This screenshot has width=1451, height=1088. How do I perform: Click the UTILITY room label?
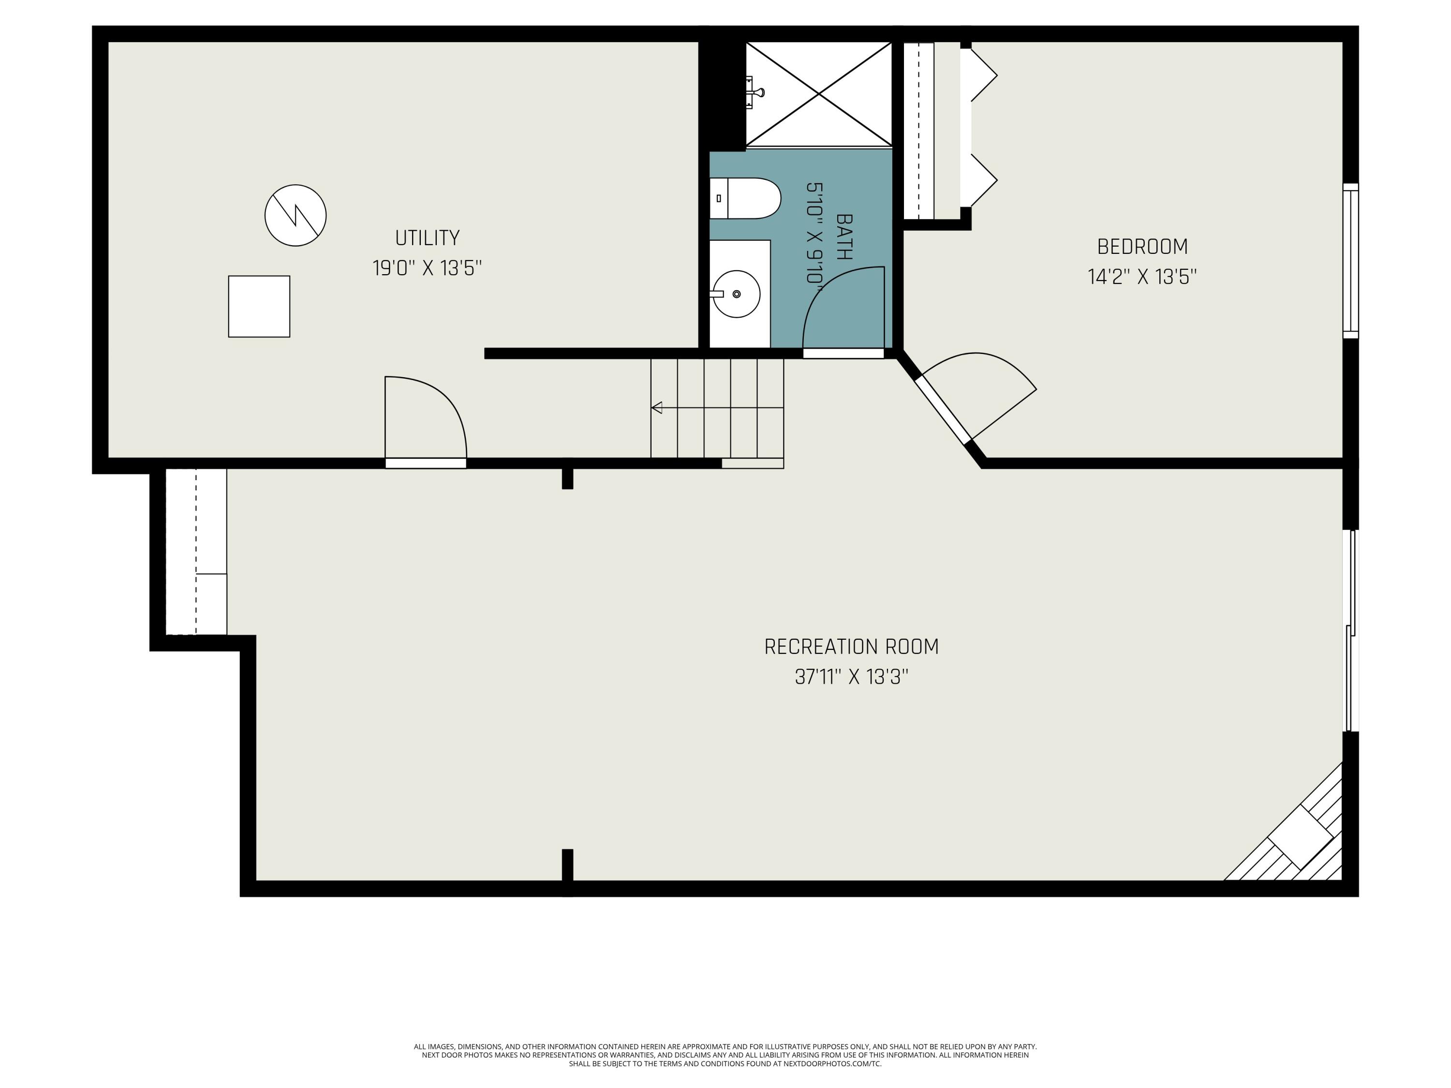(x=427, y=237)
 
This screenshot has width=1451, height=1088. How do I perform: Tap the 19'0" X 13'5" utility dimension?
(x=427, y=268)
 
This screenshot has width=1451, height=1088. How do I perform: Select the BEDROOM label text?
(x=1142, y=247)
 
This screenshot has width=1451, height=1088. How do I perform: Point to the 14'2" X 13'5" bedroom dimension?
(x=1142, y=277)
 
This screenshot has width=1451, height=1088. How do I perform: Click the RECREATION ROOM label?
(x=851, y=647)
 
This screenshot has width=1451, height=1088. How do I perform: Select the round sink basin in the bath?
(x=736, y=294)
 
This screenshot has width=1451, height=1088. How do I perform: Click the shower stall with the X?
(x=819, y=94)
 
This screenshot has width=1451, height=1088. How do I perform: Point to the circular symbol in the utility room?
(x=295, y=215)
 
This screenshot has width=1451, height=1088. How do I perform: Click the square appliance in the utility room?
(x=259, y=306)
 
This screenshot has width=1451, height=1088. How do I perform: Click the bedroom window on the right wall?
(x=1350, y=261)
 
